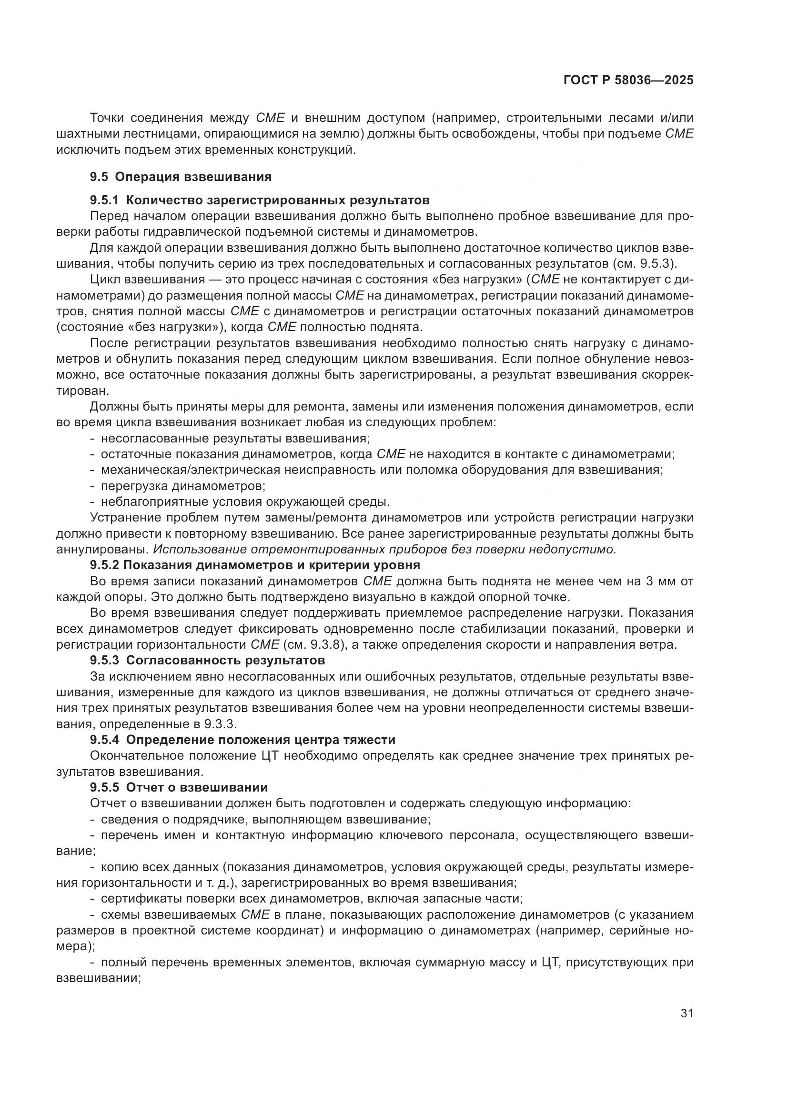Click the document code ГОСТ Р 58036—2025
tap(628, 80)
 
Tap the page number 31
tap(687, 1013)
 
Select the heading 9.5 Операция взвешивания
tap(181, 177)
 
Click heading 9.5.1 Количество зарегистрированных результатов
tap(260, 200)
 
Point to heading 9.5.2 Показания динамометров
tap(255, 565)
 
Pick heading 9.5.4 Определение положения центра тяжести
tap(242, 740)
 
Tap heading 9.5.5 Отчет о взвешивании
tap(179, 787)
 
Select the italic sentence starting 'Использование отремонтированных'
tap(385, 549)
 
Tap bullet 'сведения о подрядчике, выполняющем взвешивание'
tap(266, 819)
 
